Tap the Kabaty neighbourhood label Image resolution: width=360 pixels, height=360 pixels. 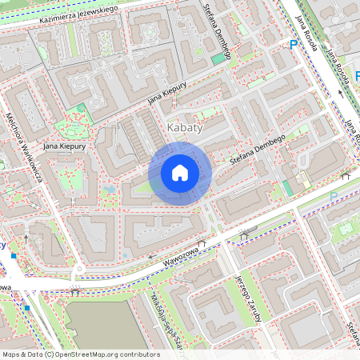[x=185, y=127]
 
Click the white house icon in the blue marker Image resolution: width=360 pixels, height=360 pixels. [x=180, y=173]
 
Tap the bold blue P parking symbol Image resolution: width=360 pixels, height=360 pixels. [x=293, y=46]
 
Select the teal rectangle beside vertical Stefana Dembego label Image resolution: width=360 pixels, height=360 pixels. [x=218, y=58]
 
